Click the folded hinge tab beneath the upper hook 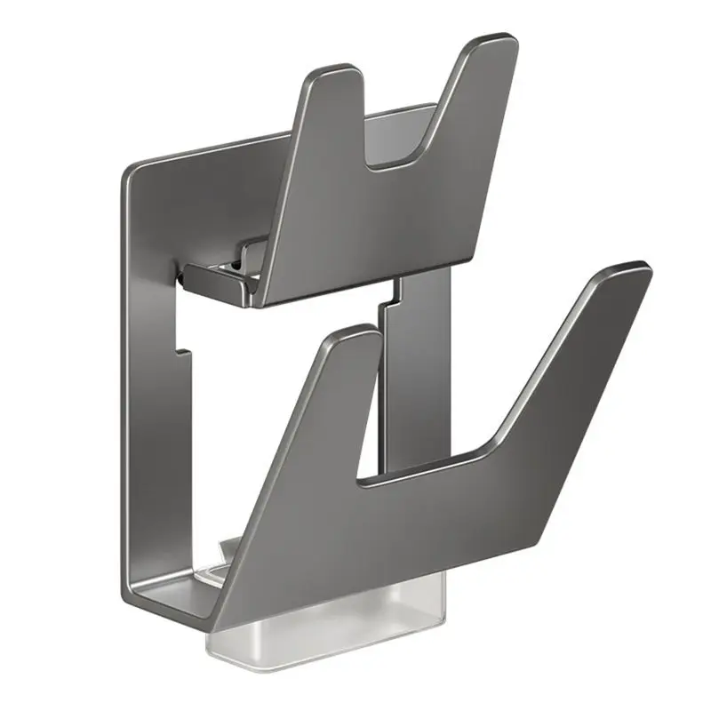tap(213, 280)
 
